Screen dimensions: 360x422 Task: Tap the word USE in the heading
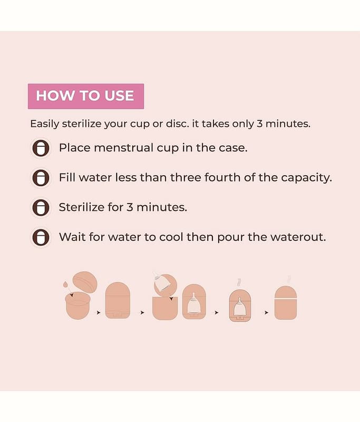click(x=119, y=96)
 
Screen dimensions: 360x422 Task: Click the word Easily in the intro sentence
click(x=44, y=124)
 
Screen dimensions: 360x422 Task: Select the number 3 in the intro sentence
click(x=259, y=124)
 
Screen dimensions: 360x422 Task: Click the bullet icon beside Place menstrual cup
click(x=41, y=148)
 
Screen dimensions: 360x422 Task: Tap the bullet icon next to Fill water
click(x=41, y=178)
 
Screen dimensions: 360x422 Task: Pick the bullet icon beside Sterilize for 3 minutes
click(x=41, y=207)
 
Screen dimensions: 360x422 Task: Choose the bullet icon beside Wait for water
click(x=41, y=237)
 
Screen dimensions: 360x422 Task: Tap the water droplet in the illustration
click(x=65, y=284)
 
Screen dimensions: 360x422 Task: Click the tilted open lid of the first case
click(x=85, y=282)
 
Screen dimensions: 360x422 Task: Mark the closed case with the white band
click(x=286, y=303)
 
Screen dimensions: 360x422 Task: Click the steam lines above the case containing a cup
click(x=239, y=283)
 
